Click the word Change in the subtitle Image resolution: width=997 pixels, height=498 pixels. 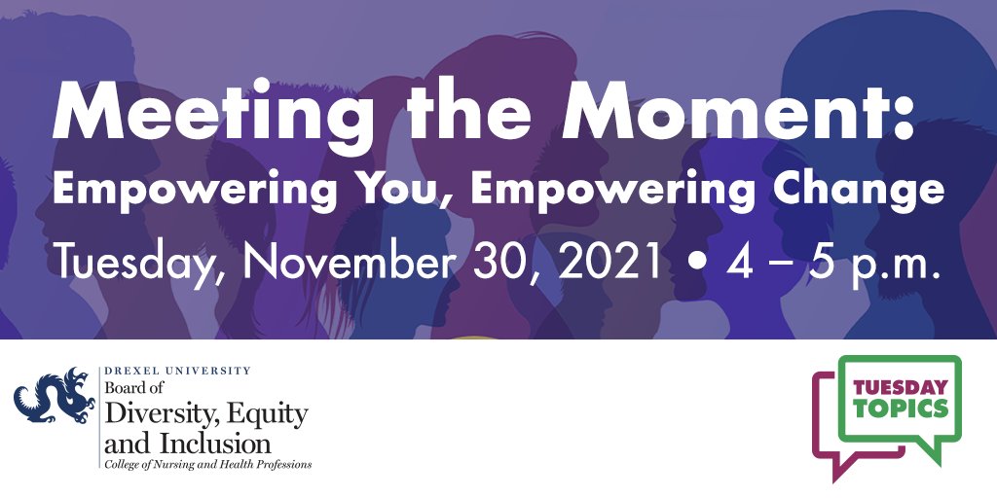(866, 189)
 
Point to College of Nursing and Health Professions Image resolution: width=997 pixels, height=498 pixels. (208, 465)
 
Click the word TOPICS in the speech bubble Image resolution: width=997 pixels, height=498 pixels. (901, 409)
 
